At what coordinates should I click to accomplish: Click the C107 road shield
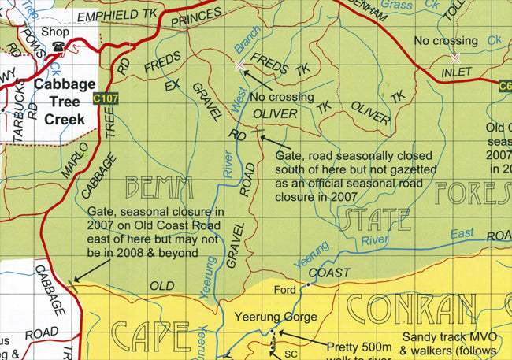[105, 99]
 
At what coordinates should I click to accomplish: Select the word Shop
[58, 32]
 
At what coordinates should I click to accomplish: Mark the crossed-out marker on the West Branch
[239, 65]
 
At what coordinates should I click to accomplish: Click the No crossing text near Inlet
[446, 40]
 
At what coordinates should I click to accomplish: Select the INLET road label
[456, 72]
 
